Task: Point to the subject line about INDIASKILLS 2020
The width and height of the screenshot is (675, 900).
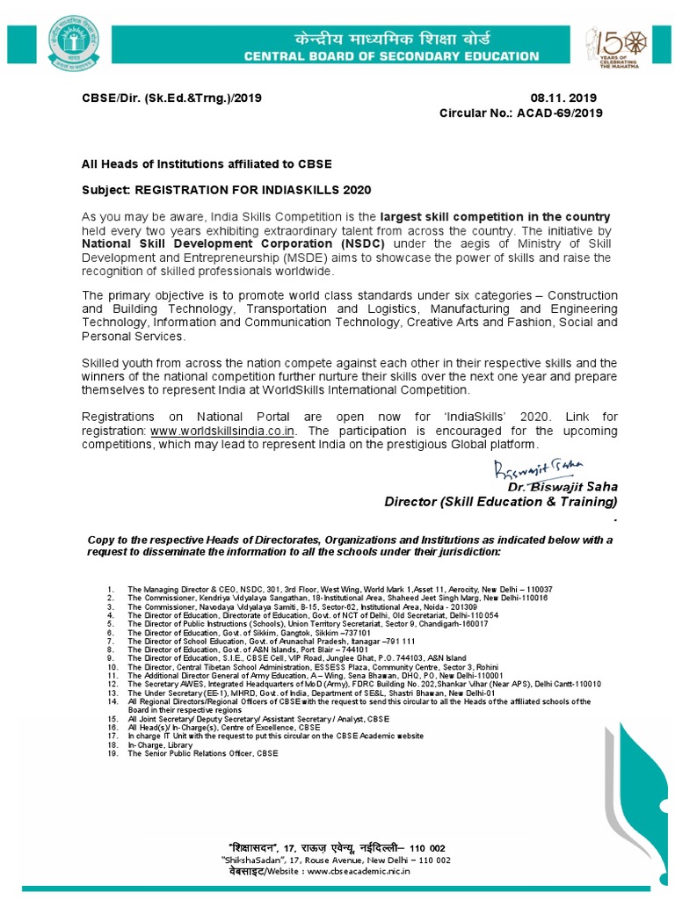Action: (226, 190)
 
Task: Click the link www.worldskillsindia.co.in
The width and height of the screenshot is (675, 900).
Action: (222, 431)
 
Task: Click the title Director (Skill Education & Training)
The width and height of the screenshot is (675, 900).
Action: (501, 501)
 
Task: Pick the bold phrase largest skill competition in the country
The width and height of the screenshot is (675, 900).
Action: (495, 216)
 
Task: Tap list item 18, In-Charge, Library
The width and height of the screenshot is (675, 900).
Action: (158, 744)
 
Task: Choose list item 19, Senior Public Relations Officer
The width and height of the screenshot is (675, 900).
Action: (202, 753)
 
